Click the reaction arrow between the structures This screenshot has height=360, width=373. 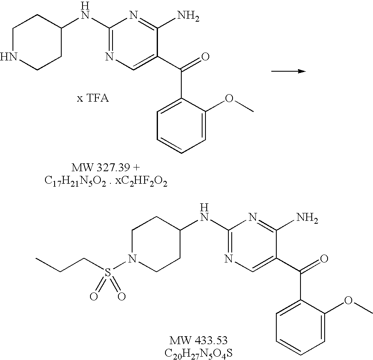(x=288, y=71)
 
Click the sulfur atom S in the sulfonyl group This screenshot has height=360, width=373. (x=108, y=273)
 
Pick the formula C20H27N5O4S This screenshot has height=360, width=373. (x=200, y=353)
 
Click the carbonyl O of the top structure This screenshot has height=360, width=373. (x=204, y=57)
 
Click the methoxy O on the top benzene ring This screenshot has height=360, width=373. (x=229, y=98)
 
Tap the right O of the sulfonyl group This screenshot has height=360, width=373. (x=121, y=296)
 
